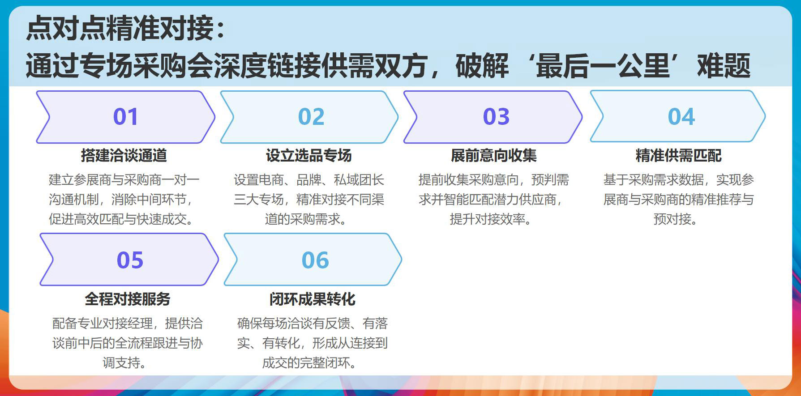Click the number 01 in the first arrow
(126, 117)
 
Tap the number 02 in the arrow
(311, 117)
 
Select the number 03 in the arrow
(496, 117)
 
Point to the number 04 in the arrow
(681, 117)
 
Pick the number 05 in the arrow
(130, 260)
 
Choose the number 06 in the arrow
(315, 260)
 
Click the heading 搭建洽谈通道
(124, 156)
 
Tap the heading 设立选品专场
(309, 156)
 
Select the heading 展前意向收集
(494, 156)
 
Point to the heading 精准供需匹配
(679, 156)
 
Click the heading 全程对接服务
(128, 299)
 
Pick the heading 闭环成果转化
(313, 299)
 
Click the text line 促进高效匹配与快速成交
(121, 219)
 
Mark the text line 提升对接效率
(490, 219)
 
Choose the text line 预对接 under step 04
(675, 219)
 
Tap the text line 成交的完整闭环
(309, 362)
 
